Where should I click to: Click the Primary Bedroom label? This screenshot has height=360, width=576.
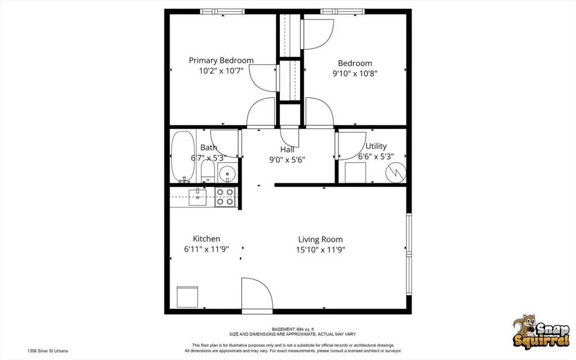point(221,60)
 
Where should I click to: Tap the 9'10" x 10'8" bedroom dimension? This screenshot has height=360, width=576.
point(355,73)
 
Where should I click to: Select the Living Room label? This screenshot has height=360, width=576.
point(320,240)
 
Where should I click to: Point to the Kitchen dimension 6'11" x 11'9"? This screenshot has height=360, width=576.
point(207,250)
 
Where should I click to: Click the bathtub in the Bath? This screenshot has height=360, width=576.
point(183,157)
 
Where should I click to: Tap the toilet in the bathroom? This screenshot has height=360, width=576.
point(208,172)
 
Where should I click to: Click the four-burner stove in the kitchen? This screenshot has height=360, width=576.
point(225,197)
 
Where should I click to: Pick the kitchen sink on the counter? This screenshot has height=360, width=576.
point(198,197)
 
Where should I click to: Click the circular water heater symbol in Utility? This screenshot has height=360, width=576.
point(396,172)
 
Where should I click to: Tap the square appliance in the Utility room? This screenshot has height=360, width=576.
point(355,172)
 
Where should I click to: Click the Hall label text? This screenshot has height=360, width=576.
point(287,149)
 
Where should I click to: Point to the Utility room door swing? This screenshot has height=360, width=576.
point(351,146)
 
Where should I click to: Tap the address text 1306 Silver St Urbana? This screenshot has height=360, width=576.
point(47,351)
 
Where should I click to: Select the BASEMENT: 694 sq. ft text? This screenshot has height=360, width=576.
point(293,329)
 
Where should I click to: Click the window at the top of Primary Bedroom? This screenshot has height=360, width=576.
point(222,12)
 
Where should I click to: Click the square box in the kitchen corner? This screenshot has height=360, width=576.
point(187,297)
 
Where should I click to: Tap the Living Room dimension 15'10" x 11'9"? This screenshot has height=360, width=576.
point(320,250)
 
